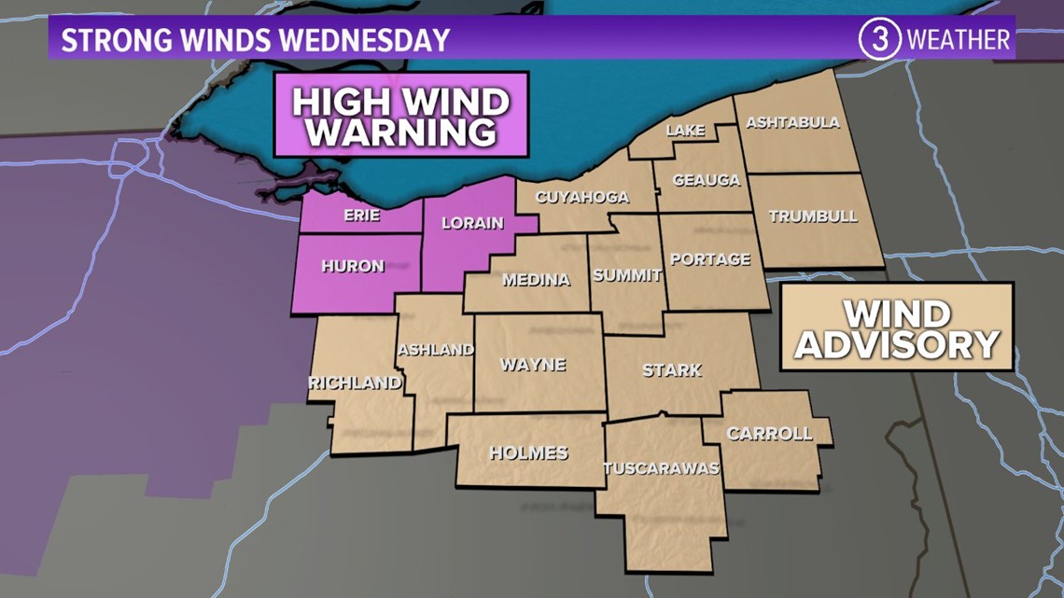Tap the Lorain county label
[473, 223]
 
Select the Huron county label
[353, 267]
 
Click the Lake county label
[685, 132]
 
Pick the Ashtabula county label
[792, 123]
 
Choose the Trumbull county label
[812, 216]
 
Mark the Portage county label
[710, 259]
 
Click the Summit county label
[627, 275]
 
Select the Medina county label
[536, 280]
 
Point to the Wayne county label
[533, 365]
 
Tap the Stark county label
[672, 370]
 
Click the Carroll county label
[769, 434]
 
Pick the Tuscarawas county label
[662, 468]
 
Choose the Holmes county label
[528, 453]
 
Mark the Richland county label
[356, 382]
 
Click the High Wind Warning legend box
[401, 116]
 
